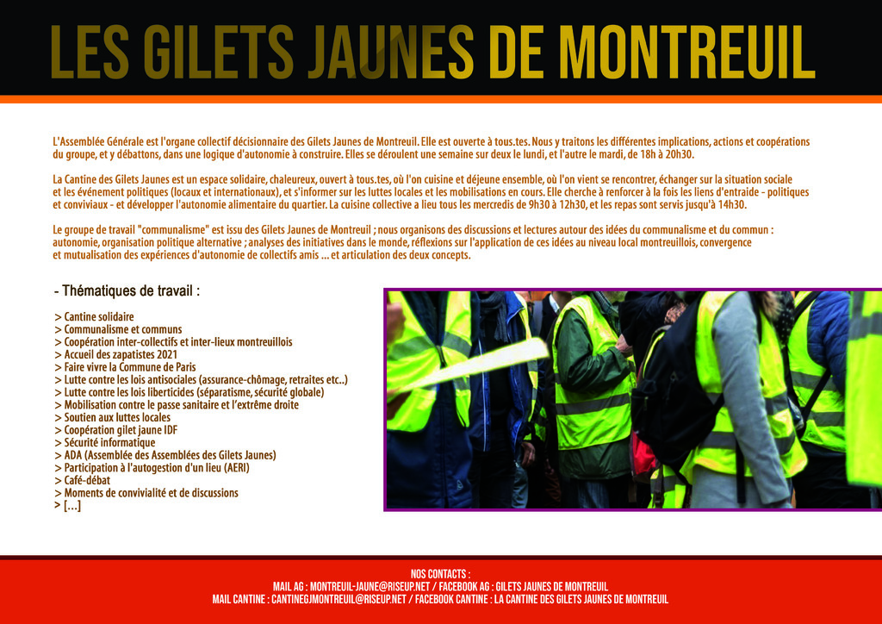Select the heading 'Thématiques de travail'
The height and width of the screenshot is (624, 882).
click(x=127, y=290)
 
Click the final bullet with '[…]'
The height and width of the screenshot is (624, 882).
click(x=68, y=506)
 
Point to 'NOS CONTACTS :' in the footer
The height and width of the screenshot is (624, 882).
click(x=440, y=574)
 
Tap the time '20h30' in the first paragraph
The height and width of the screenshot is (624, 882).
click(x=678, y=154)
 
